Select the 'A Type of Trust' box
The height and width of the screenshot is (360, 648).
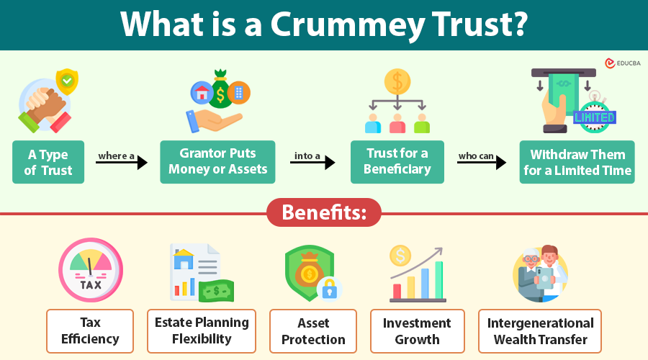(48, 163)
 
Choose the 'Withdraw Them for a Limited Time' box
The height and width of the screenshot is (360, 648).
(577, 163)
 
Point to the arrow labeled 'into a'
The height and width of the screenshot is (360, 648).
(312, 162)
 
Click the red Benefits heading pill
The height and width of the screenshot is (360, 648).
(324, 213)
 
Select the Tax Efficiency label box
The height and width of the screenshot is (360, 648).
(90, 330)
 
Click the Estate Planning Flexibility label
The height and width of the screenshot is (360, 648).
(202, 330)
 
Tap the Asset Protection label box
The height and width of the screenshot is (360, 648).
(313, 330)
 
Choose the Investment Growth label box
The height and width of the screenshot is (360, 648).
(417, 330)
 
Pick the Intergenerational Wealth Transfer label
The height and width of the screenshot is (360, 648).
(540, 330)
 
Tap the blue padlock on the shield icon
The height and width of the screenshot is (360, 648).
(330, 288)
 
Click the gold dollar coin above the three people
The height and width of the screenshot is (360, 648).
(396, 81)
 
